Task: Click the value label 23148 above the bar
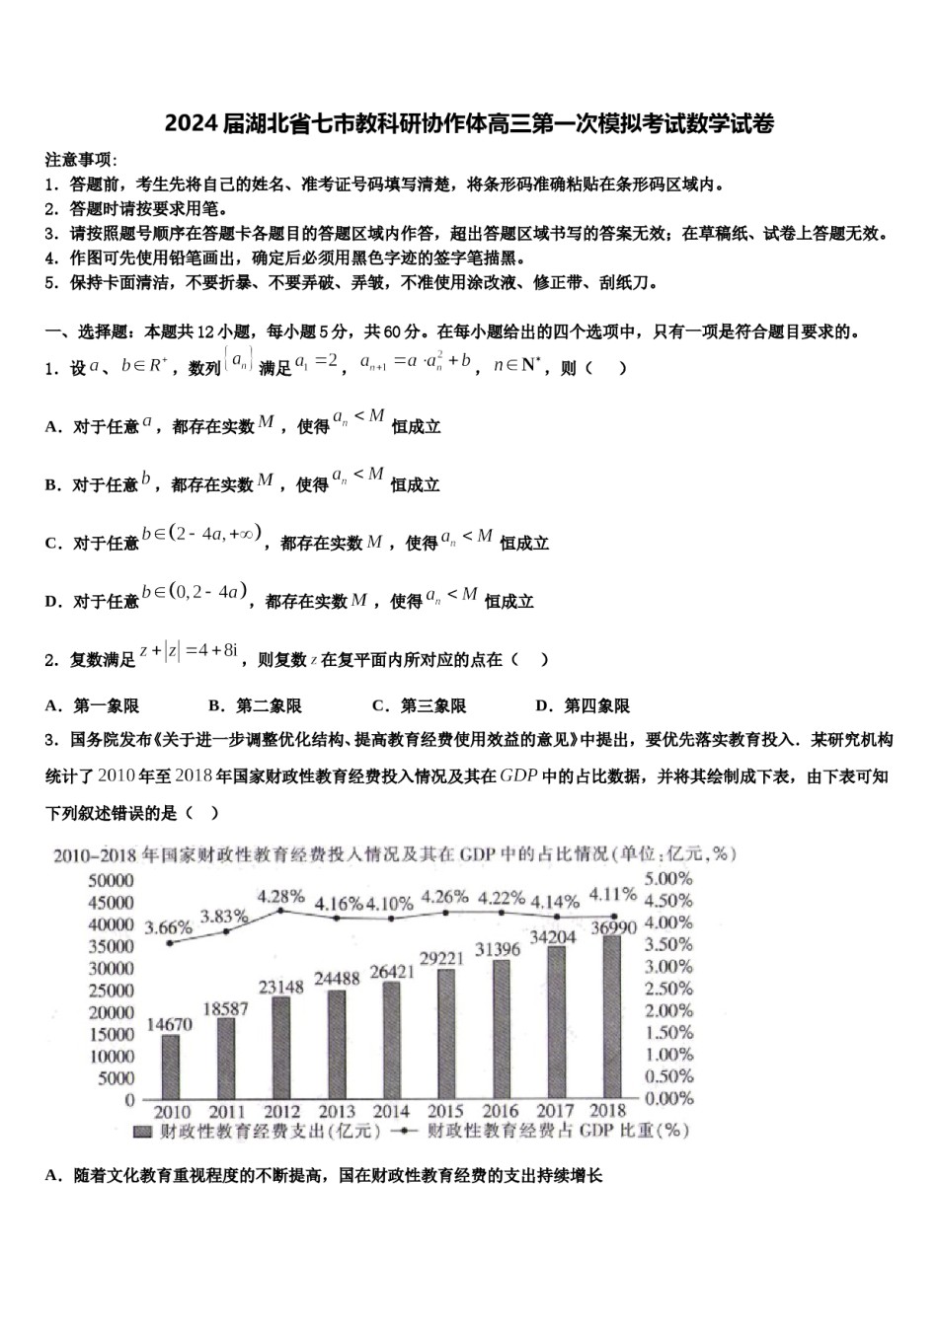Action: tap(281, 987)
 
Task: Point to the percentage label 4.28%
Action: tap(281, 896)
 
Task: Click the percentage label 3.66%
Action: tap(168, 927)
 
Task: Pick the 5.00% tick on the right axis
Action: tap(668, 878)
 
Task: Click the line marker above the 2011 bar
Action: tap(226, 931)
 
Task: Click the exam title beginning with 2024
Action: tap(469, 123)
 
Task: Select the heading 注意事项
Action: tap(81, 160)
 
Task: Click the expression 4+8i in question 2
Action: tap(217, 650)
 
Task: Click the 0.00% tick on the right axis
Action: tap(668, 1098)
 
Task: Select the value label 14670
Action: tap(169, 1024)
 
